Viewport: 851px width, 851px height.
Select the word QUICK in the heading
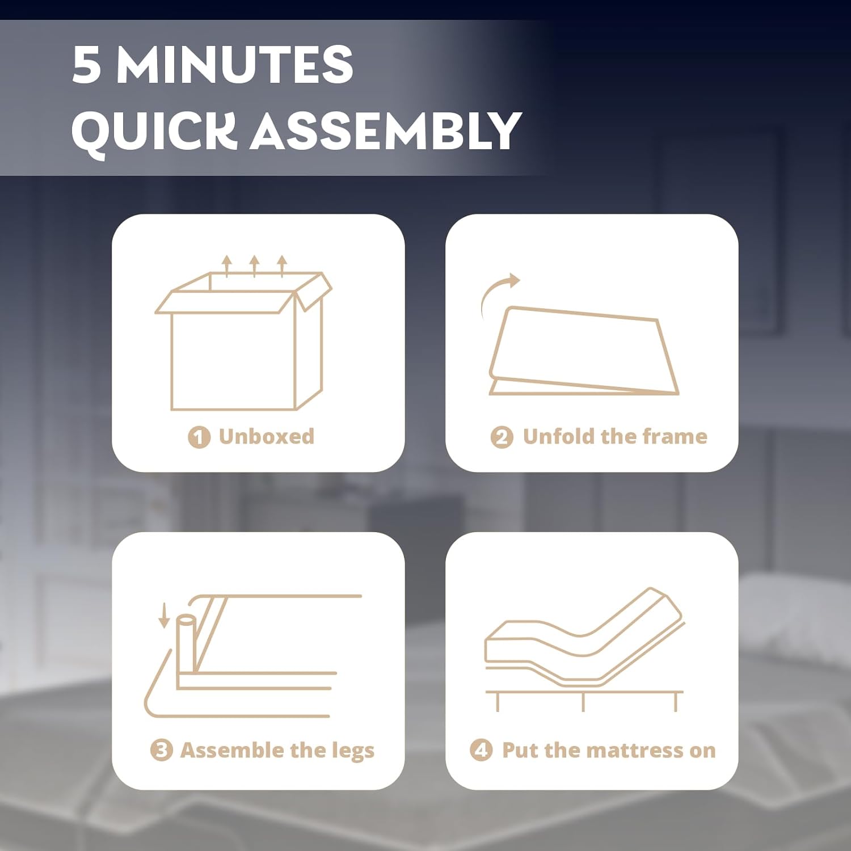154,131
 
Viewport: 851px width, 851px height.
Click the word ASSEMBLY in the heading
385,130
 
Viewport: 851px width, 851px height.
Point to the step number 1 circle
199,437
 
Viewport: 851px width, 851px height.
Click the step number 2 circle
502,437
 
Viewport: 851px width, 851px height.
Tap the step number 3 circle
161,750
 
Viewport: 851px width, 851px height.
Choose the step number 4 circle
481,750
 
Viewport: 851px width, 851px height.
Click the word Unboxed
266,436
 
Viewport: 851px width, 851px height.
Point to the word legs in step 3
353,752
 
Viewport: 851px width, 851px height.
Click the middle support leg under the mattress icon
583,702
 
